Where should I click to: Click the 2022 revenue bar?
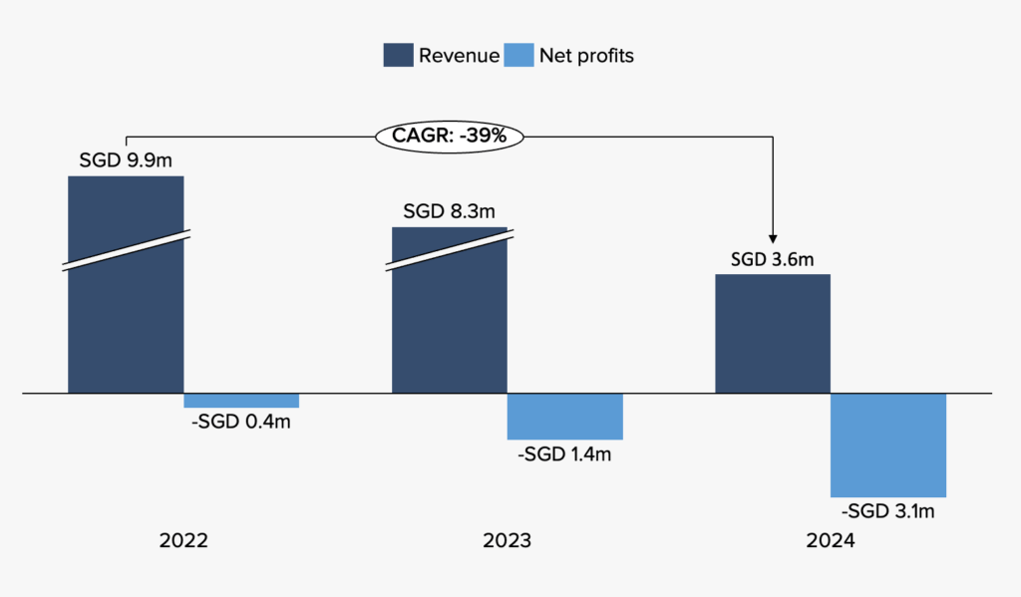(x=126, y=319)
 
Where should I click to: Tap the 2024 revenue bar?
(x=773, y=333)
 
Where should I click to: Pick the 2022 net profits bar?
(x=241, y=401)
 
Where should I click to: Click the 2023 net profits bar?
(x=564, y=417)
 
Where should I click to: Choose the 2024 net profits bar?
(x=887, y=445)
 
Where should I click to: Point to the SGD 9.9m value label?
(x=126, y=159)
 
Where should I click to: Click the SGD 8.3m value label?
(x=449, y=211)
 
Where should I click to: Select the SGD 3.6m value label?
(x=773, y=259)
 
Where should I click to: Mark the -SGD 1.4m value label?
(x=564, y=454)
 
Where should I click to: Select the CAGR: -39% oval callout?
(x=450, y=137)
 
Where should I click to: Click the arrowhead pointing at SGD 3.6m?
(x=774, y=236)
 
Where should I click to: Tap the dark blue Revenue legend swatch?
(x=398, y=56)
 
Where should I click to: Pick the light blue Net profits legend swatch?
(x=519, y=56)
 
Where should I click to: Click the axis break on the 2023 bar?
(x=449, y=250)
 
